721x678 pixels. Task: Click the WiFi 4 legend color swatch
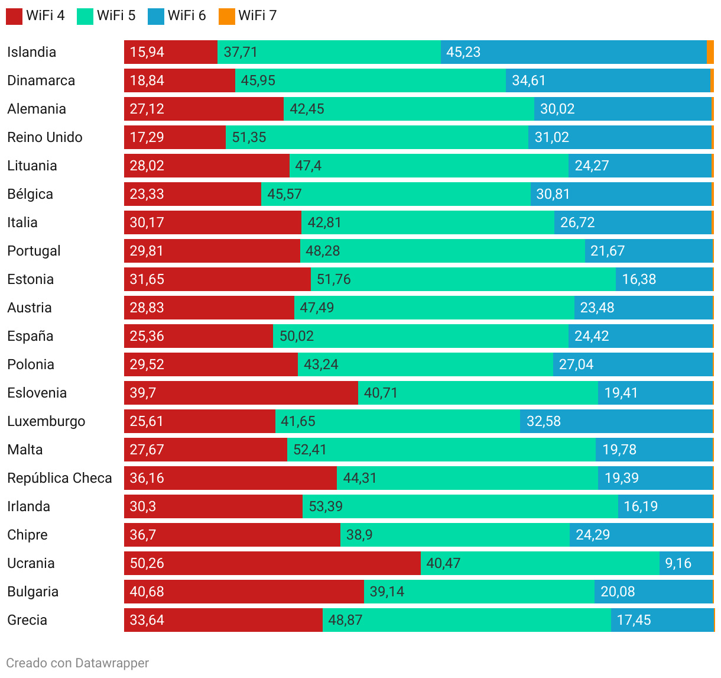point(14,16)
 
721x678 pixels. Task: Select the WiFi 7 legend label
point(257,15)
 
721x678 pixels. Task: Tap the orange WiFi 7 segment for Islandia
point(710,52)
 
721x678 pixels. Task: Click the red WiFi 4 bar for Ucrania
point(272,563)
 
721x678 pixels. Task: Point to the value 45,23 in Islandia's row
point(463,52)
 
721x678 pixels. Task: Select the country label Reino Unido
point(45,137)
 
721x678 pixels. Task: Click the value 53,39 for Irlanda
point(326,506)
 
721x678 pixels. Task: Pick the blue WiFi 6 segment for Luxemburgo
point(616,421)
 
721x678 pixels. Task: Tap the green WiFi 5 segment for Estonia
point(463,279)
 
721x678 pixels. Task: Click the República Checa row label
point(60,478)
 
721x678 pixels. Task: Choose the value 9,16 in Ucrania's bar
point(678,563)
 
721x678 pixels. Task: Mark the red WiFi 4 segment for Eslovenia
point(241,393)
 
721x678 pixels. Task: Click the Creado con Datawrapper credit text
point(77,663)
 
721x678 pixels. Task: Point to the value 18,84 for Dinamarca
point(147,80)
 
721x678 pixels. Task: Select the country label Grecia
point(27,620)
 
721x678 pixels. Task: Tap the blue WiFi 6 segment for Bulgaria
point(654,592)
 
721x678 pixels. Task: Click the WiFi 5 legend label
point(116,15)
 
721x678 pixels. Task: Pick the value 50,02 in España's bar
point(297,336)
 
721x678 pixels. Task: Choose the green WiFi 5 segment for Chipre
point(455,535)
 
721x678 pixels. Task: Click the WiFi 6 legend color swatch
point(156,16)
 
